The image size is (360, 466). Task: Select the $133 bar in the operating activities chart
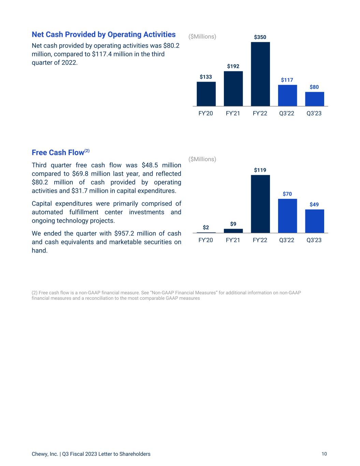tap(206, 94)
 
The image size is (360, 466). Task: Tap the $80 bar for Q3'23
tap(314, 99)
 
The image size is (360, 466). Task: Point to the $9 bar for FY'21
tap(233, 231)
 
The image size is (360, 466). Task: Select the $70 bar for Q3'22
tap(287, 216)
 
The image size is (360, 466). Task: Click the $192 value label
tap(233, 66)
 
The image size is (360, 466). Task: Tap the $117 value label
tap(287, 80)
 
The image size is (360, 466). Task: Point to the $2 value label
tap(206, 227)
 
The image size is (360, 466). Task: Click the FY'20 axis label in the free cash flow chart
tap(205, 240)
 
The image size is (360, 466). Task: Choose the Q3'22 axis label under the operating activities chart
tap(287, 113)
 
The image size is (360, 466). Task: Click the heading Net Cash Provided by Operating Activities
tap(103, 34)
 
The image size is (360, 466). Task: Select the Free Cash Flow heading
tap(58, 152)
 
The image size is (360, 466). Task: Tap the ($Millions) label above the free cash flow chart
tap(202, 159)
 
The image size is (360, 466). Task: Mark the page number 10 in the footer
tap(324, 454)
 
